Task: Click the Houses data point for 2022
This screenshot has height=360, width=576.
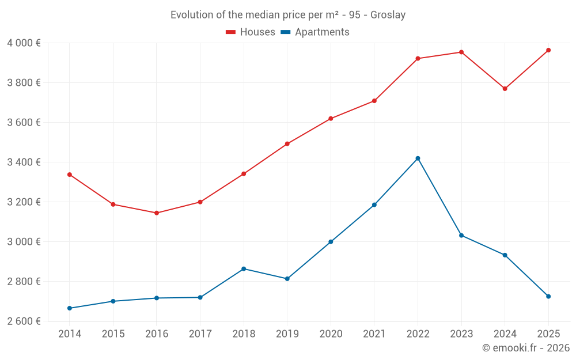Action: pyautogui.click(x=418, y=58)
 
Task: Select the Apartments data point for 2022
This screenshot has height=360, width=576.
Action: pyautogui.click(x=418, y=158)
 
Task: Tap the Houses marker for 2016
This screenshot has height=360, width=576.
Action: pyautogui.click(x=157, y=213)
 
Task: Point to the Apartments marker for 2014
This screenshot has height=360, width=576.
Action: pyautogui.click(x=70, y=308)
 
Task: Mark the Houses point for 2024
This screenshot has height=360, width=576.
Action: pyautogui.click(x=505, y=89)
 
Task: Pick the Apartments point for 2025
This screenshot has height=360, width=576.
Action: pyautogui.click(x=548, y=297)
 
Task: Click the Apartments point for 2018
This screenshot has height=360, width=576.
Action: pyautogui.click(x=244, y=269)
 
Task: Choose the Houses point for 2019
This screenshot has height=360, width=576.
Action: pyautogui.click(x=287, y=144)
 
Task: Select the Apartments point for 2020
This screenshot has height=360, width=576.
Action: pyautogui.click(x=331, y=242)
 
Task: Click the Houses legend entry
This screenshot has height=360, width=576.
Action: pyautogui.click(x=251, y=32)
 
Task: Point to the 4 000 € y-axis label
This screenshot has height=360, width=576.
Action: pyautogui.click(x=24, y=43)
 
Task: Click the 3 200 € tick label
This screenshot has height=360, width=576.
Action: pyautogui.click(x=24, y=202)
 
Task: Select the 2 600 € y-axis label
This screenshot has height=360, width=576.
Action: pyautogui.click(x=24, y=321)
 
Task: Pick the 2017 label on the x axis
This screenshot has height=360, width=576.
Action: pyautogui.click(x=200, y=334)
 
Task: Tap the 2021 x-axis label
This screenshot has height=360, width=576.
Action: pyautogui.click(x=374, y=334)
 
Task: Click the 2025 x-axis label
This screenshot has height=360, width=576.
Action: pyautogui.click(x=548, y=334)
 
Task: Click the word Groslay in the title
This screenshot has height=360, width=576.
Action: pyautogui.click(x=388, y=15)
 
